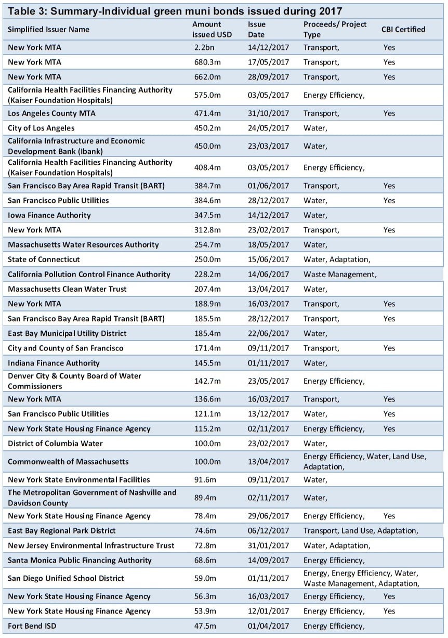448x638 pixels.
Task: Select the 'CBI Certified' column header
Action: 403,30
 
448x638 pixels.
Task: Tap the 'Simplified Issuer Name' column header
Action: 48,30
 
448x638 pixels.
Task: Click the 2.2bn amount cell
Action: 202,47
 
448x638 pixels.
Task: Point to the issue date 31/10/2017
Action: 268,113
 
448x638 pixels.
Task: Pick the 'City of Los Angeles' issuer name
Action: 41,128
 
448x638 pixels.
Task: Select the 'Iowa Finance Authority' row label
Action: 49,215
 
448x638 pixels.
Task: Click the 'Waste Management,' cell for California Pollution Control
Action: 340,275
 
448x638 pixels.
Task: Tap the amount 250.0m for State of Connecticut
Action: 206,259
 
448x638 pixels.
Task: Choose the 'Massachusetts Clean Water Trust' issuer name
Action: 67,289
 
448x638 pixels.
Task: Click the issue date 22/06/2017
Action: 268,333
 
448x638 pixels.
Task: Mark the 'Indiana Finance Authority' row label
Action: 54,363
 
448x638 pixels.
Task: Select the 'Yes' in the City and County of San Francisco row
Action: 389,348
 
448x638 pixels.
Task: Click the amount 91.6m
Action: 204,480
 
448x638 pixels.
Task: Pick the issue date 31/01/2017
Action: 268,545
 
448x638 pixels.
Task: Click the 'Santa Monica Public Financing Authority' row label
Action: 80,561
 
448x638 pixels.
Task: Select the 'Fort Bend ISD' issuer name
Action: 32,626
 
